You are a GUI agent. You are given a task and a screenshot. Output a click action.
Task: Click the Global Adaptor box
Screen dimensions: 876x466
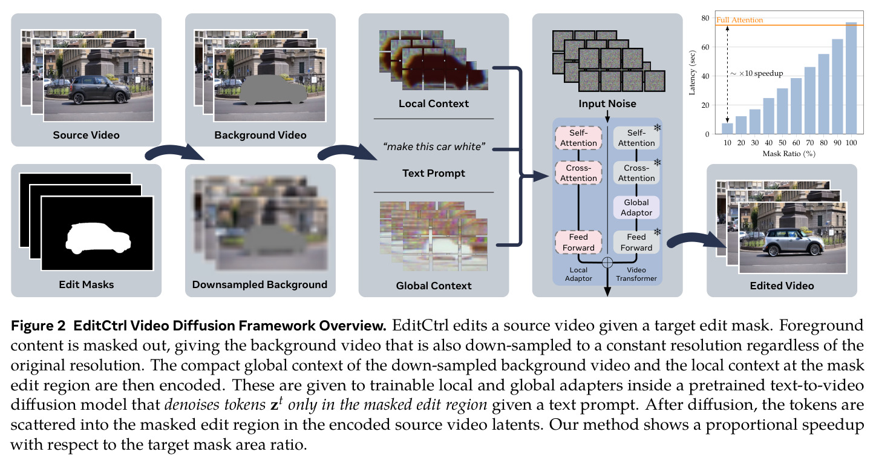click(x=636, y=208)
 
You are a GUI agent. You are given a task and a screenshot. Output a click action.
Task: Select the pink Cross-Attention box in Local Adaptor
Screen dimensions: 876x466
click(x=578, y=173)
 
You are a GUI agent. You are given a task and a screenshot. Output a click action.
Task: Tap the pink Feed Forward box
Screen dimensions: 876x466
click(x=578, y=242)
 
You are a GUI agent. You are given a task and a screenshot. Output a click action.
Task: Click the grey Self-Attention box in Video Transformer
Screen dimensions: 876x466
click(x=636, y=138)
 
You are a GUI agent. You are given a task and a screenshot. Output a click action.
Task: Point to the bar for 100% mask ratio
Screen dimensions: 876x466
click(x=851, y=78)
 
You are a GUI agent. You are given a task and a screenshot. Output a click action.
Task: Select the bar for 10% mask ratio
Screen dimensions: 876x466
click(x=727, y=129)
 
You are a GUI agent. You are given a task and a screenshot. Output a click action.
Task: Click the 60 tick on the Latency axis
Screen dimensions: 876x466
click(x=705, y=47)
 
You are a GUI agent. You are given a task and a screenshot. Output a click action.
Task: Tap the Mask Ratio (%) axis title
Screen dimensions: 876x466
click(x=789, y=154)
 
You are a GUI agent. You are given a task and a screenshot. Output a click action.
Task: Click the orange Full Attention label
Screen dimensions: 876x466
click(x=739, y=20)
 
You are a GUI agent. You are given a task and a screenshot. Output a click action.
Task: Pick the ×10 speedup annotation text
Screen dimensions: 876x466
click(x=757, y=73)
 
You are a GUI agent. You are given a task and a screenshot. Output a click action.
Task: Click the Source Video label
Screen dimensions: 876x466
click(x=86, y=135)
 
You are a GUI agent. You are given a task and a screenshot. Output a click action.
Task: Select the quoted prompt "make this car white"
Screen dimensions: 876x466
click(x=434, y=146)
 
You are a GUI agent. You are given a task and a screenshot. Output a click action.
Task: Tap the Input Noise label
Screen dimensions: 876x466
click(x=607, y=103)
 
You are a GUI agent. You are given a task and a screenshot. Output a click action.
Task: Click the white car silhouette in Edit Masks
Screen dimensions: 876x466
click(x=98, y=238)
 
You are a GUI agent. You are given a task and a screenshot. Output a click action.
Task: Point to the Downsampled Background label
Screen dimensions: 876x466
click(x=260, y=284)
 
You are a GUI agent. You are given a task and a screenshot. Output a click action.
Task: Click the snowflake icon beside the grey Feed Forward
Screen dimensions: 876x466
click(x=658, y=232)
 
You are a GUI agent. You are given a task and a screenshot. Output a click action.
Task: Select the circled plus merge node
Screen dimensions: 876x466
click(x=607, y=263)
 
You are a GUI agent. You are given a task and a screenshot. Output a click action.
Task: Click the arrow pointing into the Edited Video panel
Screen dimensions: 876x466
click(x=696, y=240)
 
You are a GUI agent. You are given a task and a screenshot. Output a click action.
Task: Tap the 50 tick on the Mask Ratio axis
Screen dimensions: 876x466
click(x=782, y=143)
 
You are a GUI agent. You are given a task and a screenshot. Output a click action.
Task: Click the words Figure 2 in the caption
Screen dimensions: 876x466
click(x=38, y=326)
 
